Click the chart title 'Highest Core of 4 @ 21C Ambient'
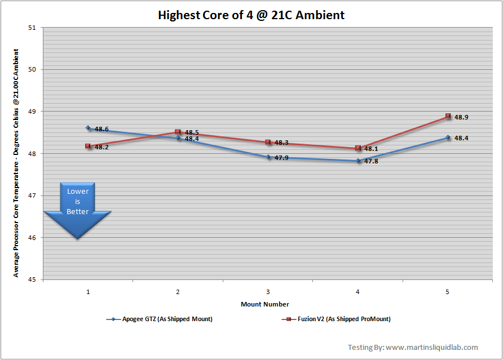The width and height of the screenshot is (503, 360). click(x=251, y=15)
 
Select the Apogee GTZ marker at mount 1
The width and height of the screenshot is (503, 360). click(x=88, y=128)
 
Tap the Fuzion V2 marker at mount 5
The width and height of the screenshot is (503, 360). click(x=448, y=116)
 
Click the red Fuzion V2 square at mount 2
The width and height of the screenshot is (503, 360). click(x=178, y=132)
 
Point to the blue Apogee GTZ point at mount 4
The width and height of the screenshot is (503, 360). click(x=358, y=161)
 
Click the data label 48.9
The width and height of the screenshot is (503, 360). click(x=461, y=118)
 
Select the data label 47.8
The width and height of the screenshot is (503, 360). click(x=371, y=162)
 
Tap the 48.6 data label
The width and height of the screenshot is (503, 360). click(x=102, y=129)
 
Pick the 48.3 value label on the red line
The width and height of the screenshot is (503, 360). click(x=281, y=143)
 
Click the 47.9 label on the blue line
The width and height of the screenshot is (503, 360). click(x=281, y=158)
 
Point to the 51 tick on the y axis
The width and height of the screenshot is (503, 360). click(x=32, y=27)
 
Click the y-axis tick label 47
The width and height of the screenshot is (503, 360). click(x=32, y=195)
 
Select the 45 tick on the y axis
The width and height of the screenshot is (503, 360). click(x=32, y=279)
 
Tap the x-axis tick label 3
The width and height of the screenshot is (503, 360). click(x=268, y=292)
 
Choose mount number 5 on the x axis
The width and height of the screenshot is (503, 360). click(x=448, y=292)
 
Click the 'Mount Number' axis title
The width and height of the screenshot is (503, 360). click(x=265, y=304)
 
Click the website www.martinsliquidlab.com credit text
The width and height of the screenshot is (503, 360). click(x=431, y=347)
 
